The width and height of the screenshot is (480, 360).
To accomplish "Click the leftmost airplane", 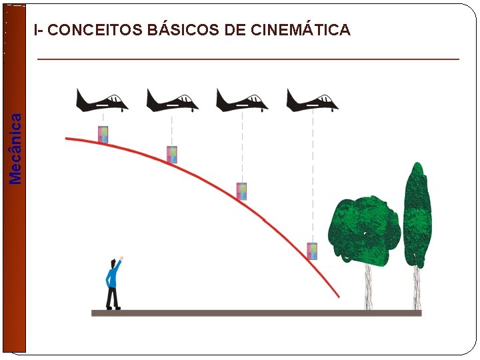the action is pyautogui.click(x=102, y=101).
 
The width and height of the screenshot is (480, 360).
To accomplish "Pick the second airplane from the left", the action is pyautogui.click(x=172, y=101).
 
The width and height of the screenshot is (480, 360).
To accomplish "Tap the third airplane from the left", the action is pyautogui.click(x=242, y=101).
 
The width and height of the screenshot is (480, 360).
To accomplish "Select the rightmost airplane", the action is pyautogui.click(x=312, y=101).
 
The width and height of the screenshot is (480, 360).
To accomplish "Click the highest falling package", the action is pyautogui.click(x=103, y=135).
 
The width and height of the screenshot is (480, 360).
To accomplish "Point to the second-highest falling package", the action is pyautogui.click(x=172, y=155).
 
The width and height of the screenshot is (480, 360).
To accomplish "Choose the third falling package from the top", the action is pyautogui.click(x=242, y=191).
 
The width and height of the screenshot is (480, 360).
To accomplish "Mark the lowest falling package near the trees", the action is pyautogui.click(x=312, y=251).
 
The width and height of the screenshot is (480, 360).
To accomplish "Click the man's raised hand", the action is pyautogui.click(x=121, y=259).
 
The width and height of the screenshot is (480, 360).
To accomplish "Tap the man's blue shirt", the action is pyautogui.click(x=112, y=275).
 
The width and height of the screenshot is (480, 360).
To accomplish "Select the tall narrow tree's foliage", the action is pyautogui.click(x=417, y=213).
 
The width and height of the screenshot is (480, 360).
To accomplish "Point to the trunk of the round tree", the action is pyautogui.click(x=368, y=287).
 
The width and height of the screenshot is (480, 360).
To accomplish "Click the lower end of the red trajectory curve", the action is pyautogui.click(x=337, y=296).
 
